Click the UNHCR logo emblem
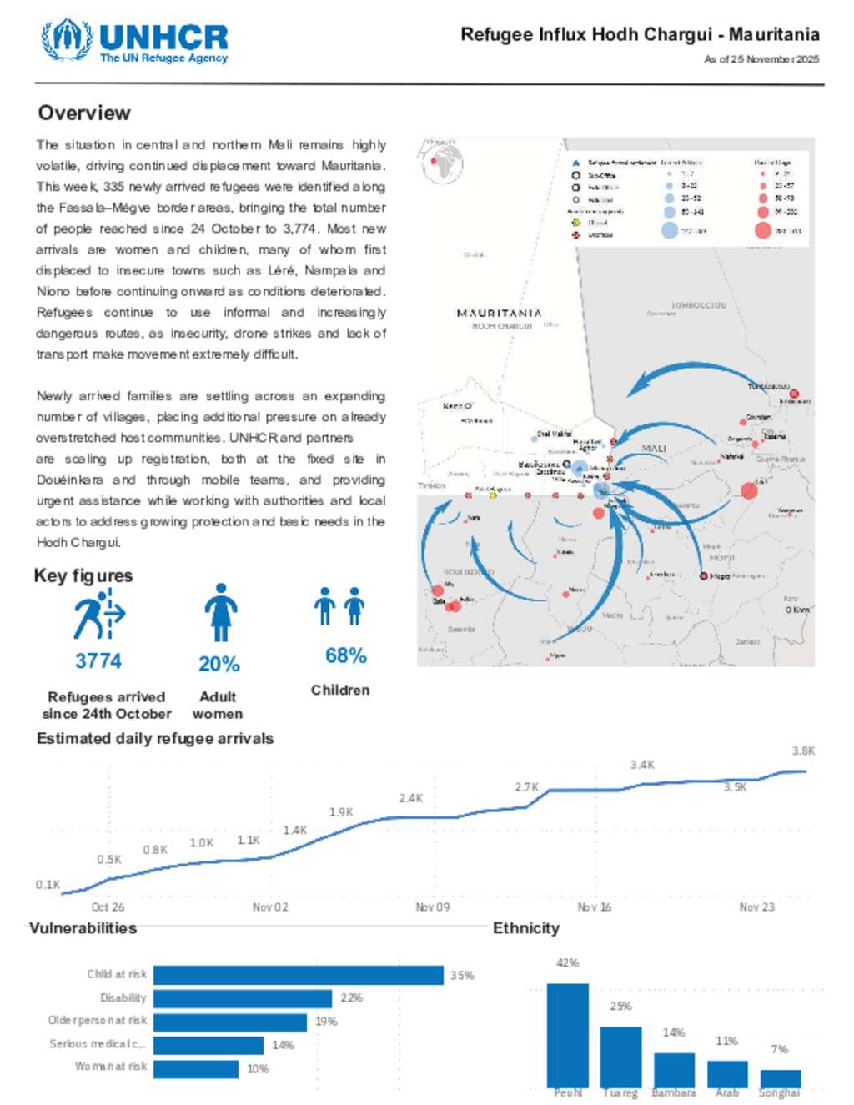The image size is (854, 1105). coord(67,40)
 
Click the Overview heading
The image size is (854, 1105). coord(84,113)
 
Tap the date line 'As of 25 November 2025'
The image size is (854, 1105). coord(761,59)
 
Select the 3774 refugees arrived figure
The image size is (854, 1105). coord(98,661)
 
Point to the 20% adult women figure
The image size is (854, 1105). coord(219,664)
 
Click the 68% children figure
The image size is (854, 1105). coord(346,656)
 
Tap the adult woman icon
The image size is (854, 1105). coord(220,612)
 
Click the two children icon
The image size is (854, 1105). coord(339,606)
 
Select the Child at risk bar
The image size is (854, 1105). coord(298,975)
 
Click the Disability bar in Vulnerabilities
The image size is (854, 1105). coord(243,998)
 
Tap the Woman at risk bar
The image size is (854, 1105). coord(196,1068)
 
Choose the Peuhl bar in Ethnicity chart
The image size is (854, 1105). coord(568,1034)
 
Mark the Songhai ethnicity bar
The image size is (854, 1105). coord(780,1078)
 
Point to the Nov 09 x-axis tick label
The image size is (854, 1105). coord(432,907)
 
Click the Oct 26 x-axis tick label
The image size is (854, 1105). coord(108,907)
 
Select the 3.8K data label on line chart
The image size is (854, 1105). coord(803,751)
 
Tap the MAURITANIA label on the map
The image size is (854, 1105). coord(499,313)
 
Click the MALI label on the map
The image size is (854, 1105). coord(654,449)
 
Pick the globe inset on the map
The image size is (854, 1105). coord(443,163)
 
